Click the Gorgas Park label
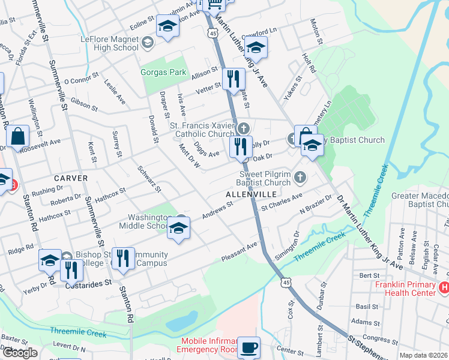point(163,72)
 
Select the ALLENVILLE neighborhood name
point(251,195)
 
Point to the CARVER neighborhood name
point(71,178)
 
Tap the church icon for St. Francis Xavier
point(243,128)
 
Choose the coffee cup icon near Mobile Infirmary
point(249,347)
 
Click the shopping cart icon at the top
point(215,4)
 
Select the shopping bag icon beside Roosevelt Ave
point(19,137)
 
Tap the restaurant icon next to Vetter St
point(233,79)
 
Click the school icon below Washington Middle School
point(179,229)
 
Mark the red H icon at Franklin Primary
point(444,288)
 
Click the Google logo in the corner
point(20,353)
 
